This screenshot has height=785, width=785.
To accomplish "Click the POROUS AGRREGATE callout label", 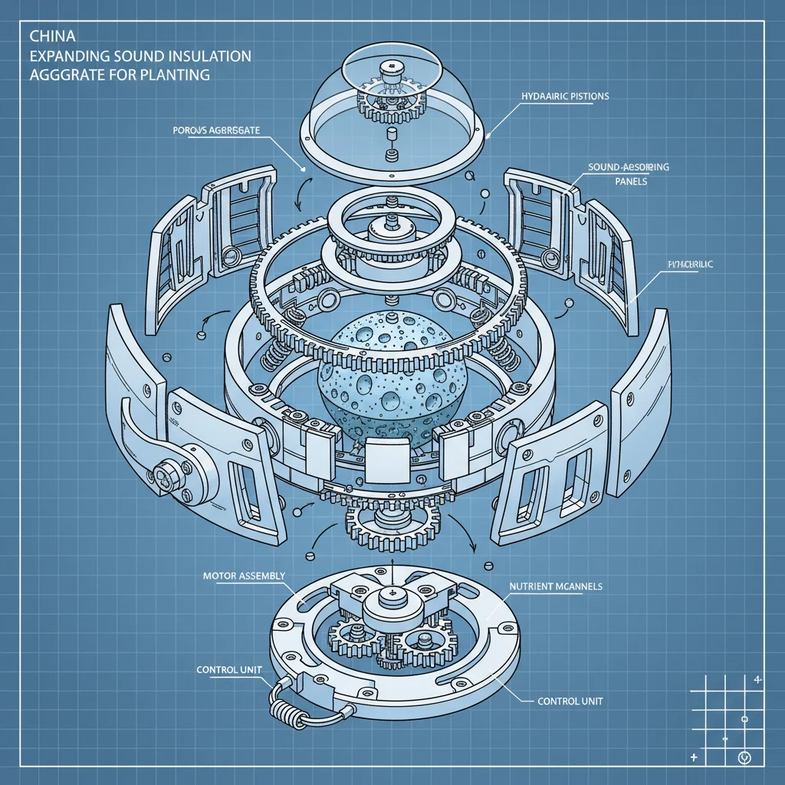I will click(212, 130).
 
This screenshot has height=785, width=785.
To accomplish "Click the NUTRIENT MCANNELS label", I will click(556, 586).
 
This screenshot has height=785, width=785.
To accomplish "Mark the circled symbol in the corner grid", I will click(742, 759).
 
